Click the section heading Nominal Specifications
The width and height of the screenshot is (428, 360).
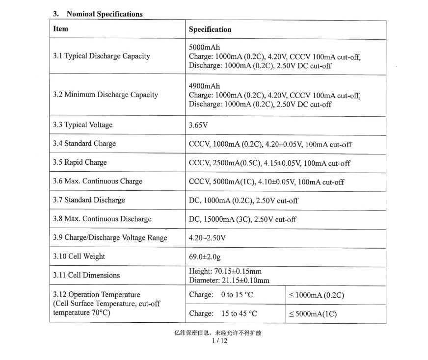point(104,14)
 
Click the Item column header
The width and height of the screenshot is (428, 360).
point(60,29)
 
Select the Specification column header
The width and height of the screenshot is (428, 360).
point(210,29)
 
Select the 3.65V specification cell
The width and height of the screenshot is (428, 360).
point(198,125)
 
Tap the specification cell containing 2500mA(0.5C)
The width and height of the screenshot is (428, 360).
point(269,163)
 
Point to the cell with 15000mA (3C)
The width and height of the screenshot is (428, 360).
point(242,219)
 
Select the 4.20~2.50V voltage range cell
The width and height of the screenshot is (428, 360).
point(207,238)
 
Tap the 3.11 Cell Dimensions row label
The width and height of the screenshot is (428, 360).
point(86,275)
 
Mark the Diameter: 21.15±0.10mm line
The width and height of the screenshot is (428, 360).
point(229,280)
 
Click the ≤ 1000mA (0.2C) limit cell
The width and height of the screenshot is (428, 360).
point(316,295)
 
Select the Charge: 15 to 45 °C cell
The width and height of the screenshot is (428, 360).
point(223,313)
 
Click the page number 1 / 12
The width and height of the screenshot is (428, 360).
point(218,340)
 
